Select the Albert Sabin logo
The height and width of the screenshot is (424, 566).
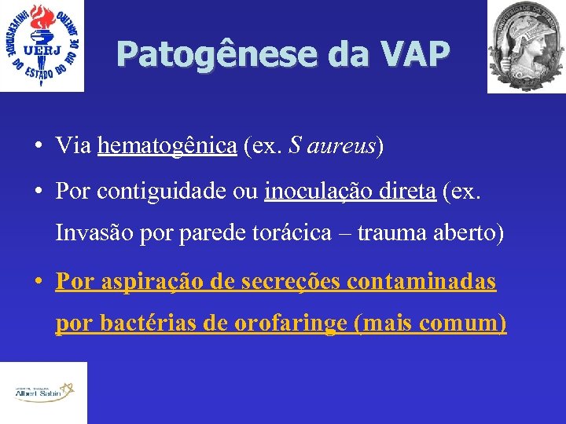(42, 392)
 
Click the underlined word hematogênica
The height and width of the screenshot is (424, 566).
(167, 146)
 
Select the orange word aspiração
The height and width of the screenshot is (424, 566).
(148, 281)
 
